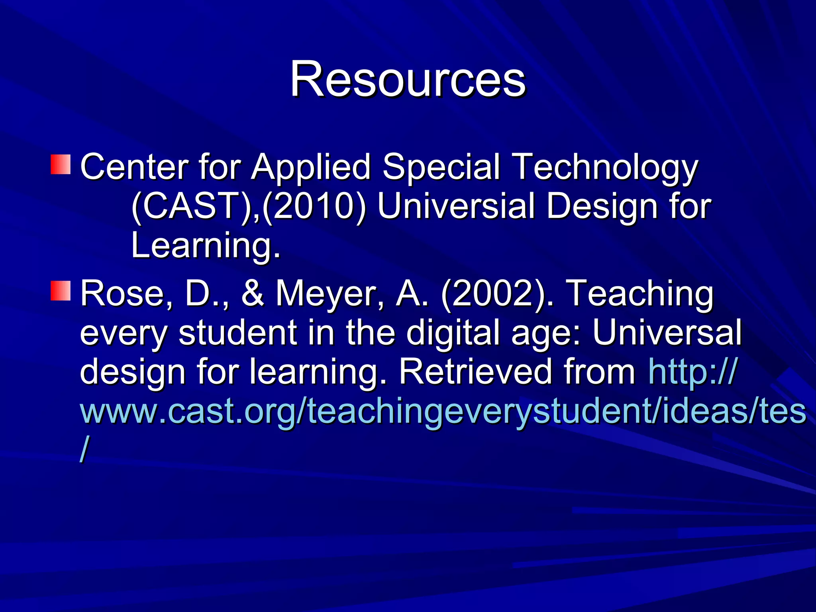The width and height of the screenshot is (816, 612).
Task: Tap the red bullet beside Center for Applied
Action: click(61, 165)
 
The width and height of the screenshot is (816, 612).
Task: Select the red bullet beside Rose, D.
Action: click(61, 290)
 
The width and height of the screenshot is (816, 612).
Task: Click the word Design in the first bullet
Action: click(601, 207)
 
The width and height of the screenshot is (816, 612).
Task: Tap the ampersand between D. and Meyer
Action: click(252, 293)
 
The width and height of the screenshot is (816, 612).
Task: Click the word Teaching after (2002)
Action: click(639, 294)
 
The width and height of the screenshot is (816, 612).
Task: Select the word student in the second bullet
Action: click(237, 332)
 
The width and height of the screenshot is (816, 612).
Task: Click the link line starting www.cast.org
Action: click(442, 411)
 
